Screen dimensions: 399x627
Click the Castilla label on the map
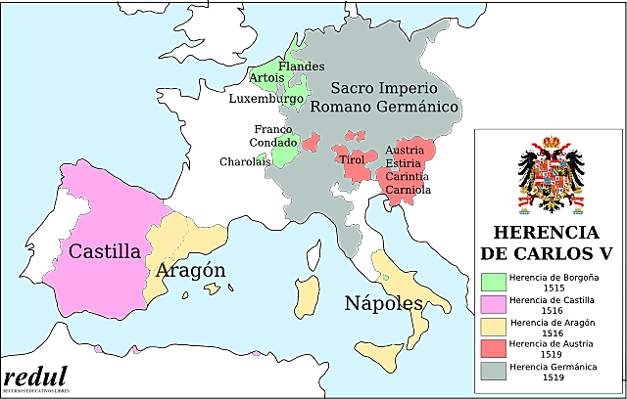[104, 251]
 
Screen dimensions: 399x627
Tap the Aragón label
[191, 271]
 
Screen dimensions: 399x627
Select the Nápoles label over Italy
[383, 302]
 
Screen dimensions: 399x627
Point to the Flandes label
[301, 66]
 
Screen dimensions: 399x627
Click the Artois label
[266, 77]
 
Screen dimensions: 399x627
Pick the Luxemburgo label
[266, 99]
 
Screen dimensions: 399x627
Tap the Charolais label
[244, 161]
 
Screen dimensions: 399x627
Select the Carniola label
[408, 189]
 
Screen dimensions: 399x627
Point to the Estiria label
[404, 163]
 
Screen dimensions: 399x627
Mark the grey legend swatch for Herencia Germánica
[492, 372]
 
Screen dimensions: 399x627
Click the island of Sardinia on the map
[308, 293]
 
